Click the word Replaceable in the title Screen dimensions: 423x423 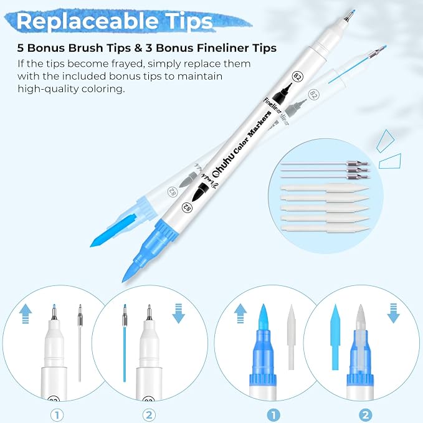pos(87,22)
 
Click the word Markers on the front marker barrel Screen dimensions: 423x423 pos(259,125)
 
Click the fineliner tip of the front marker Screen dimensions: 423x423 pos(349,16)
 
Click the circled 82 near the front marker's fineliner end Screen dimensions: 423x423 pos(298,77)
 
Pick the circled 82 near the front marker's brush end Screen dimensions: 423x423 pos(187,207)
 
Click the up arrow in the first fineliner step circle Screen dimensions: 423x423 pos(26,314)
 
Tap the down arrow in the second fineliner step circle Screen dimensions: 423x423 pos(179,313)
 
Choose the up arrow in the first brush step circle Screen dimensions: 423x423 pos(240,313)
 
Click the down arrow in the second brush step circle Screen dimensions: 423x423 pos(393,313)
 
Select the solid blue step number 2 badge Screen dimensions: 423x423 pos(365,415)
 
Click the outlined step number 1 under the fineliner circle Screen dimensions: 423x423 pos(57,415)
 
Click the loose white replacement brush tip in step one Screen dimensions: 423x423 pos(292,337)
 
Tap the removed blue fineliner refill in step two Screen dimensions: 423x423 pos(125,343)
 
